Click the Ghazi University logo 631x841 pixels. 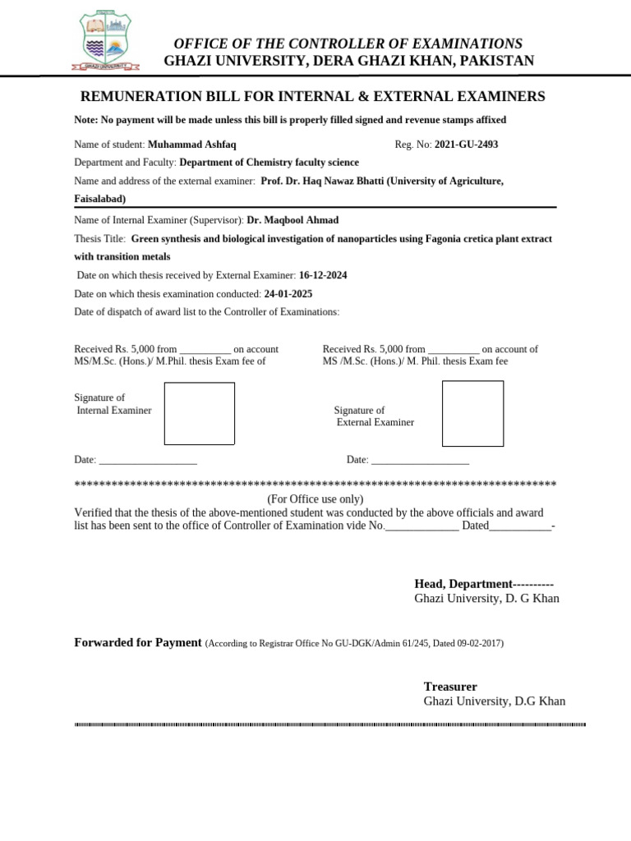[104, 41]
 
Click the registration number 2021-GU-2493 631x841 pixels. [466, 145]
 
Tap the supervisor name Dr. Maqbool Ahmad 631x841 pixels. [292, 220]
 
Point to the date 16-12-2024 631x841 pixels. [323, 275]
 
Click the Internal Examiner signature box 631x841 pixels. [199, 413]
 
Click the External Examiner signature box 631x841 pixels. [472, 413]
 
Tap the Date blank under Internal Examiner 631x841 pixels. [148, 461]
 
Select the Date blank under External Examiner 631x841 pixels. [420, 461]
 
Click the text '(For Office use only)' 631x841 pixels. [315, 499]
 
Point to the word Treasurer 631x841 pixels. [450, 687]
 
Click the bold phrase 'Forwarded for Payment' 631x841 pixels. [138, 642]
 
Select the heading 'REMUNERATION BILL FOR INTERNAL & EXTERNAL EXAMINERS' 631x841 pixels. [311, 97]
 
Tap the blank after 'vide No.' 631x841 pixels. [422, 526]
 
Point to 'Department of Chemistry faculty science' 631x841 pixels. [269, 163]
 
